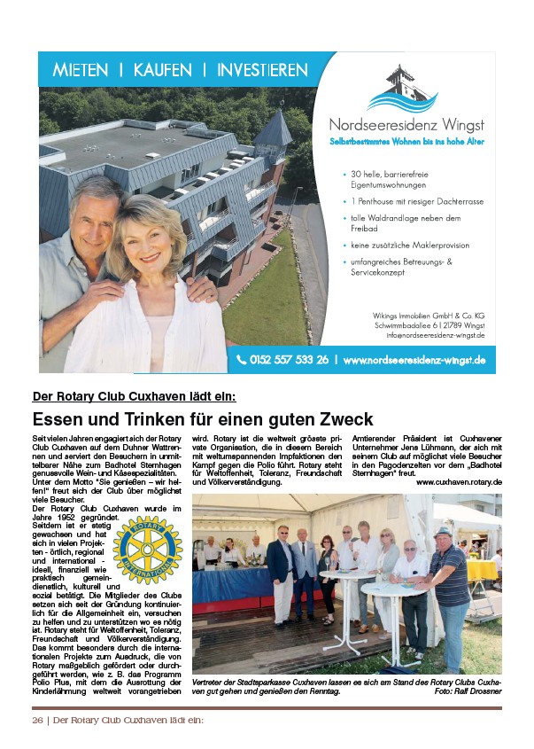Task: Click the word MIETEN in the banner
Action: (81, 70)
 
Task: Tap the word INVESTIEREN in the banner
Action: (262, 70)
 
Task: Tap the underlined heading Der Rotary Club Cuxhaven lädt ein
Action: (134, 396)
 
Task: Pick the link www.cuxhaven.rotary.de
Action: (459, 481)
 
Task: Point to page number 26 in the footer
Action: (38, 720)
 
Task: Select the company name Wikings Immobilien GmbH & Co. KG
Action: (430, 315)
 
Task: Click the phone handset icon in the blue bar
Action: (241, 360)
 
